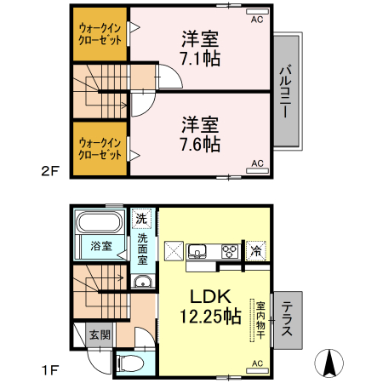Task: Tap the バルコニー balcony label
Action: point(288,89)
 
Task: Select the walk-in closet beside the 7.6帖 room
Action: point(99,148)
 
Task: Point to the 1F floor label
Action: point(49,369)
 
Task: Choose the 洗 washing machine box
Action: point(142,219)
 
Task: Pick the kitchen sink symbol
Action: point(197,251)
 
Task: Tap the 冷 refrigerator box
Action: point(255,251)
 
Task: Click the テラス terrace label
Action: point(288,317)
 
